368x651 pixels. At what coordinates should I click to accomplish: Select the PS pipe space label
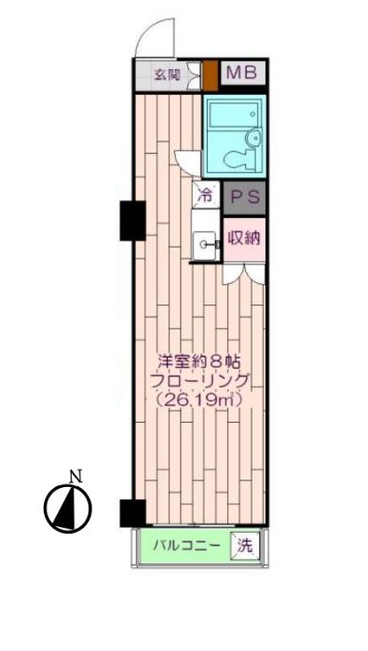tap(243, 197)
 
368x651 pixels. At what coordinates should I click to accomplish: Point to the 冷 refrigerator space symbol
tap(204, 196)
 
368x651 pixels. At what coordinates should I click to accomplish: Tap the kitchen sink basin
tap(204, 244)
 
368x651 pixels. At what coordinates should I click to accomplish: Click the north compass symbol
tap(67, 508)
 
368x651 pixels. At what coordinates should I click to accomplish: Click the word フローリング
tap(197, 383)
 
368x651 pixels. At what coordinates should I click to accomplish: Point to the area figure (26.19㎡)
tap(198, 401)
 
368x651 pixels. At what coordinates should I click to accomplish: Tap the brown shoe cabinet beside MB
tap(211, 73)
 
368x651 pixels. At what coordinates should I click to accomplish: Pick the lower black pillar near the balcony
tap(131, 513)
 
